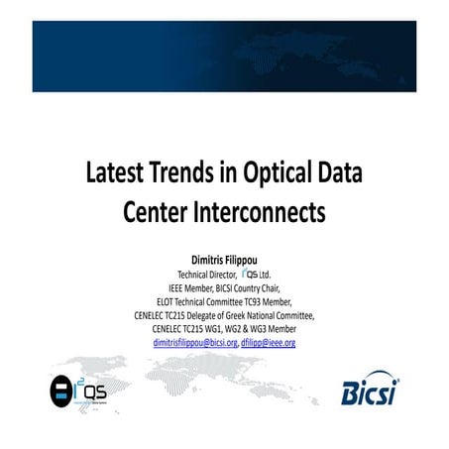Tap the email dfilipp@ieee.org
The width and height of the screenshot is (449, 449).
coord(268,343)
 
